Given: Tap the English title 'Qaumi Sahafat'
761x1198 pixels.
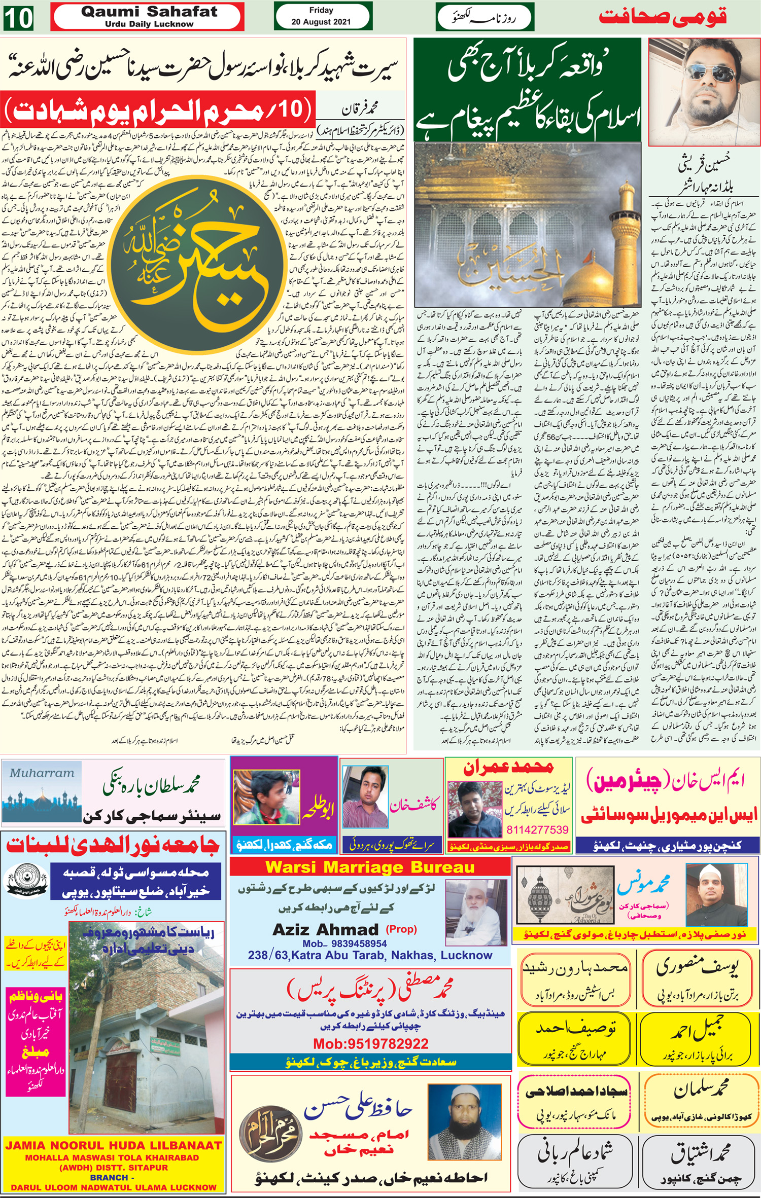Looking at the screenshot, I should point(149,11).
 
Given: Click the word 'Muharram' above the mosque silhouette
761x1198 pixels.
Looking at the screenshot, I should point(42,773).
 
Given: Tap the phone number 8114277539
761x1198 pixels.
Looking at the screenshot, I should point(537,829).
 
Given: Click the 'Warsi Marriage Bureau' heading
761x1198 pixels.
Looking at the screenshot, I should point(370,867).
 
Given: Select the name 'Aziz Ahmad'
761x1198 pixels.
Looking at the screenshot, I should point(325,929).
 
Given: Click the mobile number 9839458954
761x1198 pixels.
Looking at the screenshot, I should point(344,943).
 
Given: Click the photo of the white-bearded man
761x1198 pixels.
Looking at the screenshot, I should point(476,916).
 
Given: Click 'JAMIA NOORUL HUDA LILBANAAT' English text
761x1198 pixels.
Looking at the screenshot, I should point(113,1145).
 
